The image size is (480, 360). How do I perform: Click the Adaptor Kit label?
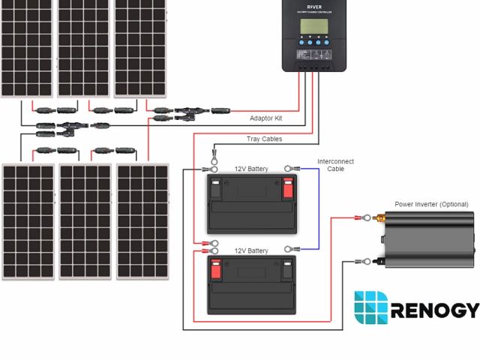tap(266, 118)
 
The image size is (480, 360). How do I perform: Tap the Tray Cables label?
tap(263, 139)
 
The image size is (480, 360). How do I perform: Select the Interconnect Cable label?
tap(335, 165)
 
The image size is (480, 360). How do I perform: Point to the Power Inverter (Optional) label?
tap(431, 204)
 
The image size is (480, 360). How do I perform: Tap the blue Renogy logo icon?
tap(370, 309)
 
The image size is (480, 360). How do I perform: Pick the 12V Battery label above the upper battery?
tap(251, 169)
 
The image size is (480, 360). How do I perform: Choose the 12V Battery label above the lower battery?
tap(251, 250)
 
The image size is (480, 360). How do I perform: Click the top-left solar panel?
tap(27, 49)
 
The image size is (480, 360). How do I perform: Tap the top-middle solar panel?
tap(84, 49)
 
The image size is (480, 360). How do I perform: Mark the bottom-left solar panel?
tap(28, 221)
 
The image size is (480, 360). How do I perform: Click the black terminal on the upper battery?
tap(216, 187)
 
